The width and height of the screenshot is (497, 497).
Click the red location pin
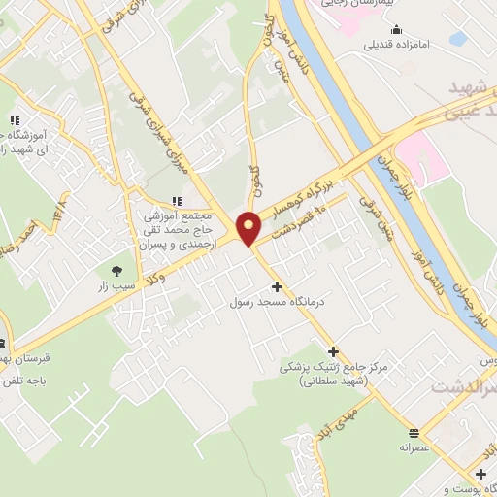(249, 227)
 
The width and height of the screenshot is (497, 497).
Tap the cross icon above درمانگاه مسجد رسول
(278, 286)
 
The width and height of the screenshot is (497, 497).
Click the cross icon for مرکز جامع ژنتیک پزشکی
(334, 351)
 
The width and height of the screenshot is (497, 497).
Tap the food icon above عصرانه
(414, 406)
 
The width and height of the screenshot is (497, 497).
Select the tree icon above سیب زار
(117, 271)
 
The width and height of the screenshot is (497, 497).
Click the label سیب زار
(117, 287)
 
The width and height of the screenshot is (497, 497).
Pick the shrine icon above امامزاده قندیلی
(400, 30)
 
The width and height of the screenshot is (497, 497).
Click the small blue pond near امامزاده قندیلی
(457, 38)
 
